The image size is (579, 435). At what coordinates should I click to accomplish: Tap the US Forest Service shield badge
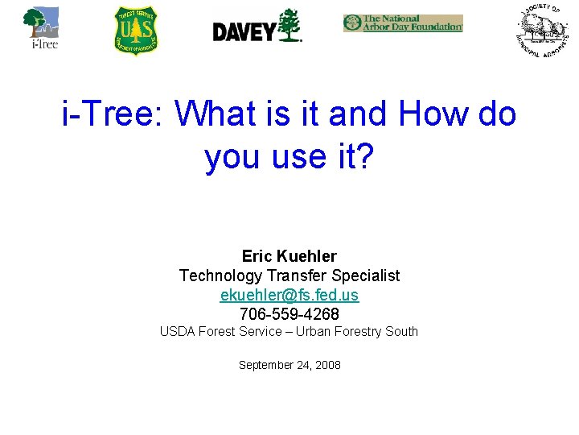[136, 31]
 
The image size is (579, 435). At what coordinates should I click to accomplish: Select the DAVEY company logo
[257, 27]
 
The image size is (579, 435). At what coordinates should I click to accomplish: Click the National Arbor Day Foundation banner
[403, 23]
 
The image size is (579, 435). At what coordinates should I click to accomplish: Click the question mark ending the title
[363, 156]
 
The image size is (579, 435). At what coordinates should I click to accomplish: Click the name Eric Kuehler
[289, 257]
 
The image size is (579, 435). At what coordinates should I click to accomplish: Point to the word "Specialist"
[366, 275]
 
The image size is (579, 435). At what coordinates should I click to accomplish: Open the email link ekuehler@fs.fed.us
[289, 295]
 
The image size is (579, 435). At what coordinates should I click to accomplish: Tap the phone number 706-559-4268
[289, 313]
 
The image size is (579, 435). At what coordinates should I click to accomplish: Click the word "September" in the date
[267, 366]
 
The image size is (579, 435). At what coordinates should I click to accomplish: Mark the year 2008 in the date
[328, 366]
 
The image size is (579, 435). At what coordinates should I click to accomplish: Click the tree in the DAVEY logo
[288, 25]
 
